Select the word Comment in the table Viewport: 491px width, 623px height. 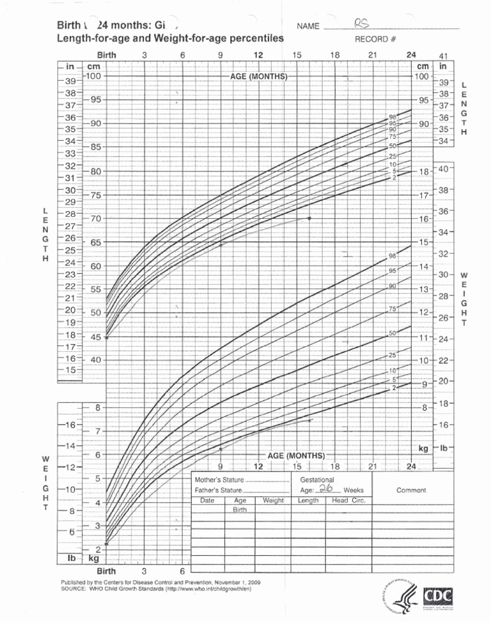(411, 490)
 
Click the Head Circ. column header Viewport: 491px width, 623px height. (348, 500)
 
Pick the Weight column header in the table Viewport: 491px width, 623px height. (273, 500)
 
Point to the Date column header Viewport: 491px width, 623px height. (207, 500)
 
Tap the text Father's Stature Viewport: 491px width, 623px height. (217, 490)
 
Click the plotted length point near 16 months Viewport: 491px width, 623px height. (309, 218)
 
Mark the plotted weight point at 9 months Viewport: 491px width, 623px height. (221, 449)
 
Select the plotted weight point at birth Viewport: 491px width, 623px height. (106, 544)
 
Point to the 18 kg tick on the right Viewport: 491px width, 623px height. (423, 171)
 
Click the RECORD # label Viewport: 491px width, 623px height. (376, 39)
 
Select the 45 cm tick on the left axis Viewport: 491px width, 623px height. (96, 337)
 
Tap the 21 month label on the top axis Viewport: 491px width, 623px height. (373, 56)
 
